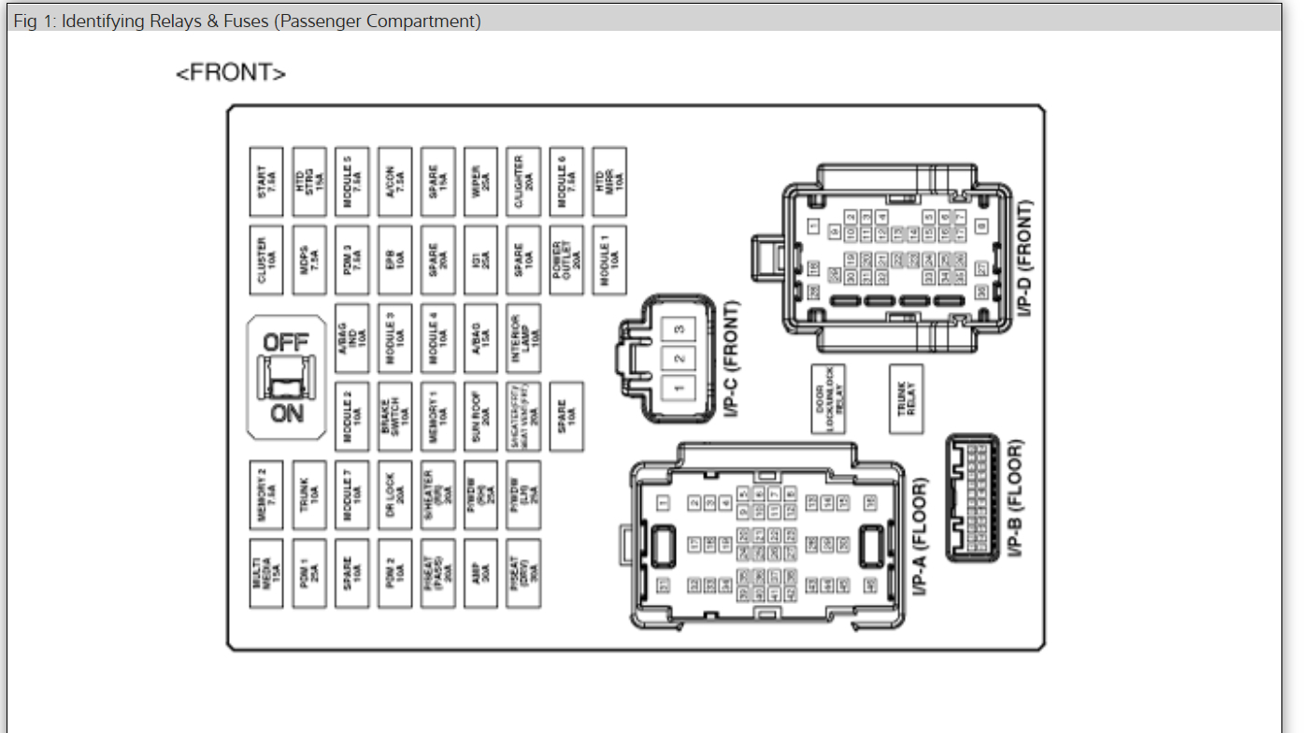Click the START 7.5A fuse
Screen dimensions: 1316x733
tap(266, 175)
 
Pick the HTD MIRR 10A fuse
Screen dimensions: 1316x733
tap(609, 175)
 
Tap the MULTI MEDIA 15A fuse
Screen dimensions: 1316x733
tap(266, 572)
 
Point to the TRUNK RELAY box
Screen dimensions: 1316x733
tap(906, 399)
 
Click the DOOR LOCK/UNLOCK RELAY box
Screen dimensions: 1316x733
tap(828, 399)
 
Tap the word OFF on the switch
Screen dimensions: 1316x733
tap(286, 342)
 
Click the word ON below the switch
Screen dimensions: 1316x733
tap(286, 412)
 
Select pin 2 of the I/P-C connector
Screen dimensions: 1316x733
tap(679, 358)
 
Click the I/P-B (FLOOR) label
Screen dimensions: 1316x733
tap(1017, 497)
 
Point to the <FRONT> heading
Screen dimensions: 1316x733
tap(231, 73)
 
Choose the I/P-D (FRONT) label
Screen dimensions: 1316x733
tap(1026, 257)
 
